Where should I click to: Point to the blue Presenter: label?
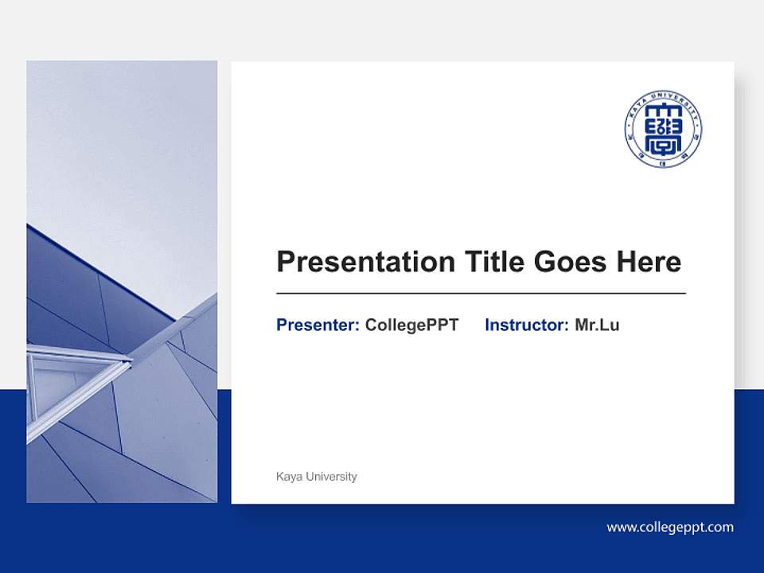pos(318,325)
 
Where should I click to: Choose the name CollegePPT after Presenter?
pos(411,325)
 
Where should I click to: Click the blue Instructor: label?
pos(526,325)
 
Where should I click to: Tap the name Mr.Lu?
pos(597,325)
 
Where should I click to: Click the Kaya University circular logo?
pos(663,128)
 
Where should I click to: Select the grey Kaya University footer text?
pos(316,477)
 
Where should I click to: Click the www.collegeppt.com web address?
pos(670,527)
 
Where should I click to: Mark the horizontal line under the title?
pos(481,294)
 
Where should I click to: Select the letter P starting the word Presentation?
pos(285,261)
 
